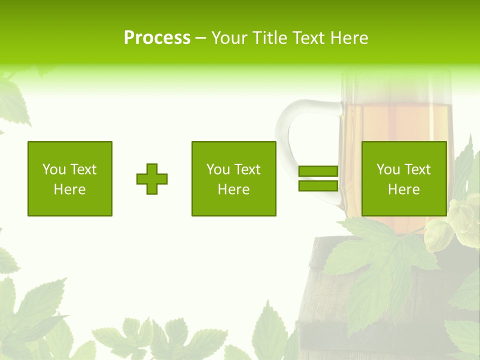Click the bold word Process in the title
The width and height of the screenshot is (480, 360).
157,38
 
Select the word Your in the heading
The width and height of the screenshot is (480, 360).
229,38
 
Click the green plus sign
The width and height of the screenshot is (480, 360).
152,179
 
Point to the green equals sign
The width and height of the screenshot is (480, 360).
318,179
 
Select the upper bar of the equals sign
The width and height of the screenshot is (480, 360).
318,171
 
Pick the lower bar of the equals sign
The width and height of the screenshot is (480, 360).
318,186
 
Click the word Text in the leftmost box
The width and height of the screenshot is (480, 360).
84,169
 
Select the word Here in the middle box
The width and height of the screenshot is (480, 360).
234,189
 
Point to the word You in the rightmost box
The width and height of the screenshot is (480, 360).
387,169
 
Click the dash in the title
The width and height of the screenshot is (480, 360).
201,38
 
